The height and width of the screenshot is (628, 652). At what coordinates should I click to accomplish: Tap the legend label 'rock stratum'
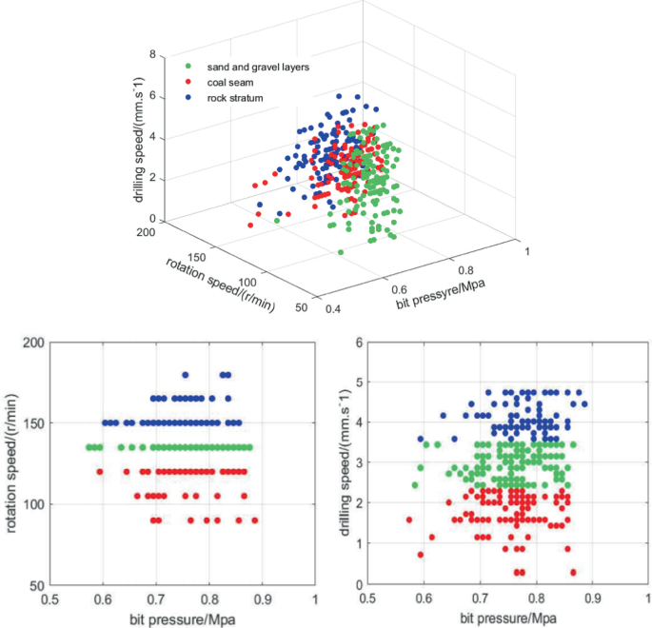(x=237, y=98)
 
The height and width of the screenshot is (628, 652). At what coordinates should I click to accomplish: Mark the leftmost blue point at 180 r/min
(x=186, y=375)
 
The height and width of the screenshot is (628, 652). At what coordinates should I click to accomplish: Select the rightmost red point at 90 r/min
(x=254, y=520)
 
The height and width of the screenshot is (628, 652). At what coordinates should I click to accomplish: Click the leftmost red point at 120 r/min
(x=99, y=471)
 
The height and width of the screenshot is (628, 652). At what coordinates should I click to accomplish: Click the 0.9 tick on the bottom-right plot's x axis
(x=594, y=599)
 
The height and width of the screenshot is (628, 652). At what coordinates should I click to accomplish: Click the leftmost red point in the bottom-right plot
(x=409, y=520)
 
